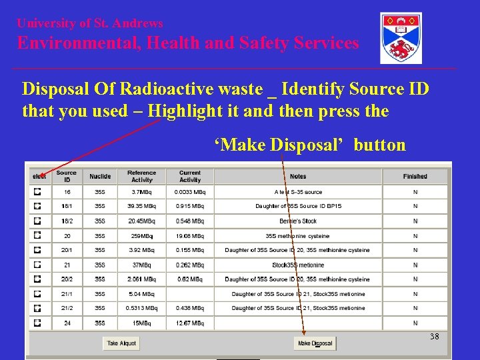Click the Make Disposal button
(315, 343)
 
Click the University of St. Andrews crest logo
(401, 38)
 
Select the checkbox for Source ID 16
(38, 192)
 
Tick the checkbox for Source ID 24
(38, 323)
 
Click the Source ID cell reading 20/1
(67, 250)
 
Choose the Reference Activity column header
(141, 176)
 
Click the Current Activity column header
(190, 176)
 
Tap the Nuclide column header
(100, 176)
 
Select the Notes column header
(298, 176)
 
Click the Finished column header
(415, 176)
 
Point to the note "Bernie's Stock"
(298, 221)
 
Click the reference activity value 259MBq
(141, 236)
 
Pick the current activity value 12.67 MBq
(190, 323)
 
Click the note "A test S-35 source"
(298, 192)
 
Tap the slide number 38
(435, 337)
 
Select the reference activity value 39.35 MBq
(141, 207)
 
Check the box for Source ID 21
(38, 265)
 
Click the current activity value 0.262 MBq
(190, 265)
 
